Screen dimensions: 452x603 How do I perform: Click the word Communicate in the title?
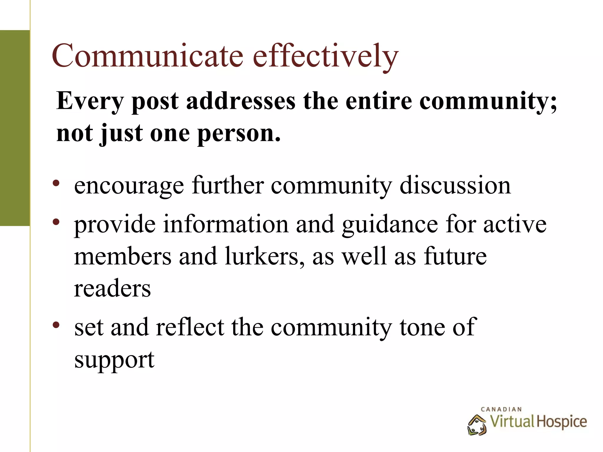coord(148,56)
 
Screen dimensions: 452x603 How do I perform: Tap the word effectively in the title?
coord(326,56)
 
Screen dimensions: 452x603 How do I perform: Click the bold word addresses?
coord(241,101)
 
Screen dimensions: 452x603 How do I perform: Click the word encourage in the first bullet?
coord(129,186)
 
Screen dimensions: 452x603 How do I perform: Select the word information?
coord(226,224)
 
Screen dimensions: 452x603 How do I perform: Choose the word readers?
coord(112,288)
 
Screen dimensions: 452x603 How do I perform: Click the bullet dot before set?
coord(56,325)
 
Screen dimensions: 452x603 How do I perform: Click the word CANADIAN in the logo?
coord(501,409)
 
